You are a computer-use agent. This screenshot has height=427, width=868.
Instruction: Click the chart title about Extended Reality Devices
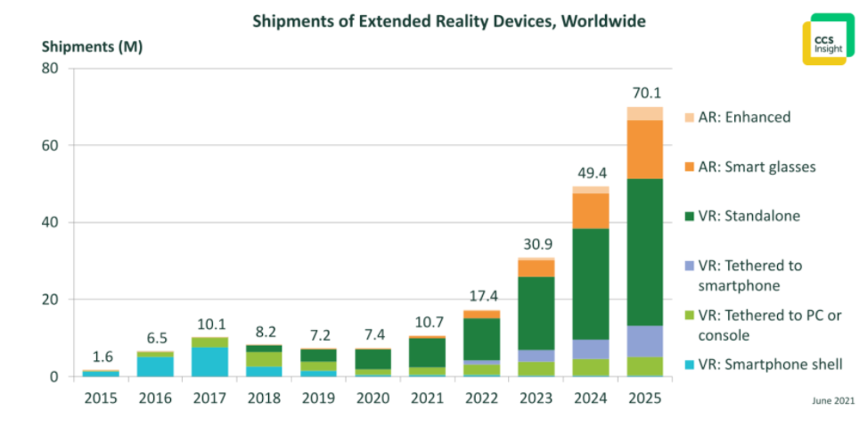pos(448,20)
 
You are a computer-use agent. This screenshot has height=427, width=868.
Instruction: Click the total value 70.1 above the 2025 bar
pos(644,92)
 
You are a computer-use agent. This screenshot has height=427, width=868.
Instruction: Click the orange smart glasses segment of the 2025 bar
pos(644,149)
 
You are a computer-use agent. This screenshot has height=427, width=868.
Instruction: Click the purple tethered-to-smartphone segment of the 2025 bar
pos(644,341)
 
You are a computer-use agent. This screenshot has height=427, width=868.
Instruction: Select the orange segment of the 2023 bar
pos(536,268)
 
